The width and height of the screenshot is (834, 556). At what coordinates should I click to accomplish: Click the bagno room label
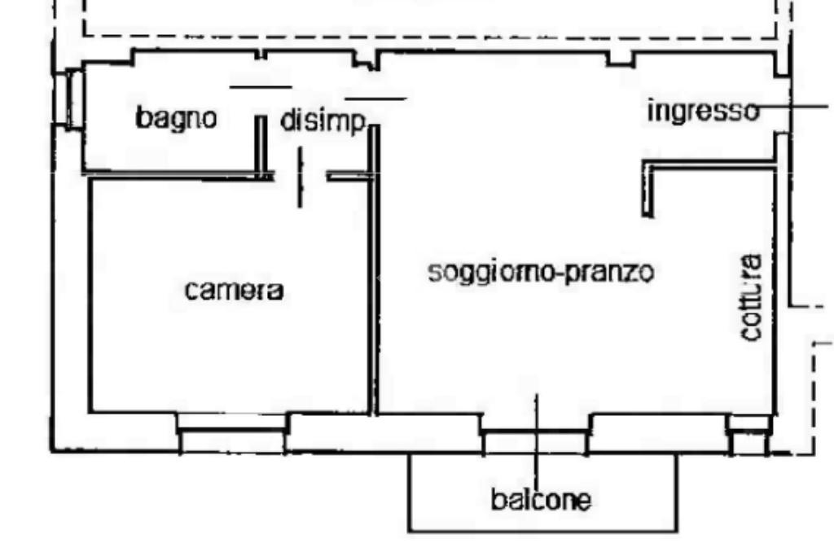click(177, 119)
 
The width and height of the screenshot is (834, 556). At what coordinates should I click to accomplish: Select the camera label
click(234, 291)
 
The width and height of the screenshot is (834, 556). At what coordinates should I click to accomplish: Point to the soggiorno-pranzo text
click(541, 272)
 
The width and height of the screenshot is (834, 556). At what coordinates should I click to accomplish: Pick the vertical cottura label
click(752, 298)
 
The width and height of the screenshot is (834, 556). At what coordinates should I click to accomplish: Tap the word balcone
click(541, 499)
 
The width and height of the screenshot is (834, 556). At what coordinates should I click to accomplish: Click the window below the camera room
click(232, 432)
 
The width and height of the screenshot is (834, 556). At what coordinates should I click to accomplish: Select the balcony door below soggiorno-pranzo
click(535, 435)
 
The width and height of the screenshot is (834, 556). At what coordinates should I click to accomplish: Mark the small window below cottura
click(748, 436)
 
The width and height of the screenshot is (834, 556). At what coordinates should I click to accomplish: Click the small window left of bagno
click(75, 99)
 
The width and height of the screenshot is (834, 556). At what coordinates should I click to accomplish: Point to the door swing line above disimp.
click(375, 99)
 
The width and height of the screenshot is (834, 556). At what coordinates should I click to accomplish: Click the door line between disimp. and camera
click(300, 177)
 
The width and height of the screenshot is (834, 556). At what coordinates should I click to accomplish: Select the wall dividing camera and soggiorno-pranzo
click(374, 277)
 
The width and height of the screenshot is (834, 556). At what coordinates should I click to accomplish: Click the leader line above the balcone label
click(536, 440)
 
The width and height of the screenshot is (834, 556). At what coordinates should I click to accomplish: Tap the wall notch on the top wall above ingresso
click(621, 59)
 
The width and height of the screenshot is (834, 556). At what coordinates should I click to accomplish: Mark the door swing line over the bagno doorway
click(261, 87)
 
